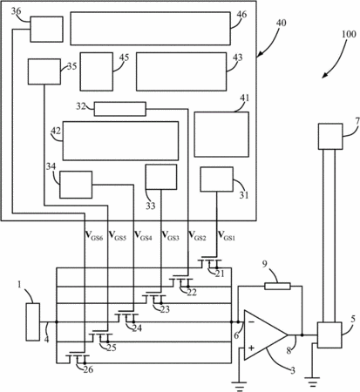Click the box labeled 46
tap(151, 29)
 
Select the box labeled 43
tap(181, 71)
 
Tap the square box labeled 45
tap(97, 71)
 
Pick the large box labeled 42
tap(120, 141)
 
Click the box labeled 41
tap(221, 134)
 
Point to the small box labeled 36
tap(46, 29)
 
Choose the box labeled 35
tap(44, 71)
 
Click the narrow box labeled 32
tap(119, 109)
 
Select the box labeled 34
tap(76, 185)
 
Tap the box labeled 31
tap(217, 179)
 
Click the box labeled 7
tap(330, 137)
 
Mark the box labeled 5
tap(329, 335)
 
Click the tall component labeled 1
tap(33, 321)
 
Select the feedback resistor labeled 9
tap(277, 287)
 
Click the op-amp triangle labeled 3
tap(266, 335)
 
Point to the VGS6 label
tap(94, 235)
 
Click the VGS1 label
tap(227, 235)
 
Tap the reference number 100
tap(349, 34)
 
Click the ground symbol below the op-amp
tap(239, 386)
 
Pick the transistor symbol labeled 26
tap(78, 359)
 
